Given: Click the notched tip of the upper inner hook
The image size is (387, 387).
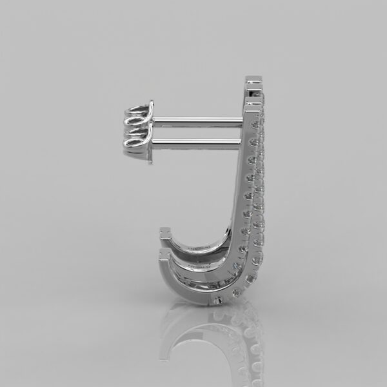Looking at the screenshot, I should [166, 232].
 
